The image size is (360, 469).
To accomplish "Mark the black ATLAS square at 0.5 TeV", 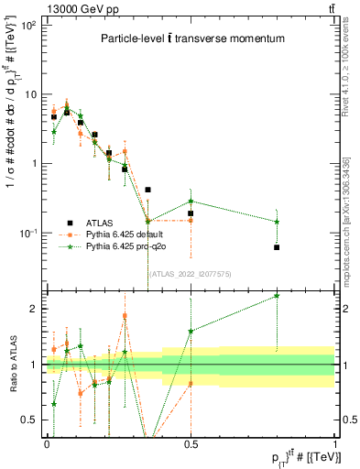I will (191, 213).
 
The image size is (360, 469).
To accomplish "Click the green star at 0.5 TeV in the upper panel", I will (191, 201).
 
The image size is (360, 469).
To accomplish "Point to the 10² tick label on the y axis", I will (27, 26).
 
